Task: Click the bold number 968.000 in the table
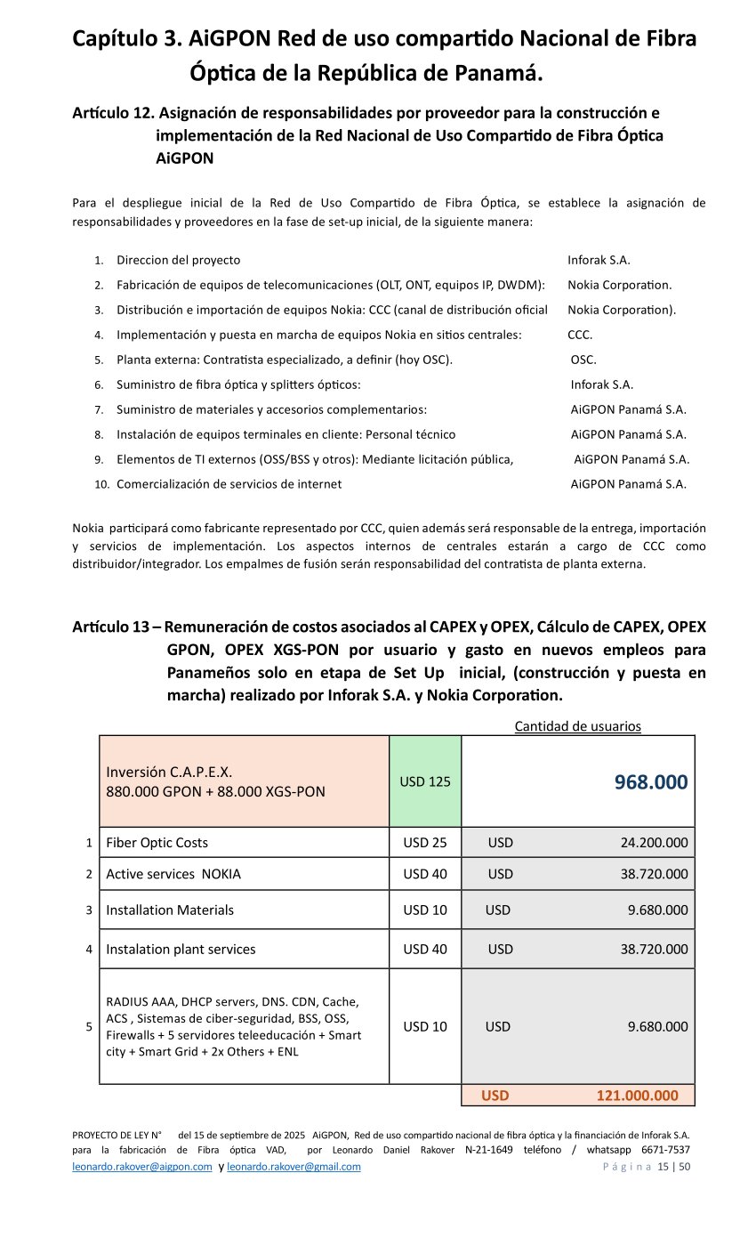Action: point(650,782)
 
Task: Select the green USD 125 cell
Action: point(425,781)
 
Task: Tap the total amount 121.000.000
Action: point(637,1096)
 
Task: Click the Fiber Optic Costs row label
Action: point(157,842)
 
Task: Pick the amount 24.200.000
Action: point(654,842)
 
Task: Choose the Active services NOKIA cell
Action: point(173,874)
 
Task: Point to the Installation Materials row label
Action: point(170,910)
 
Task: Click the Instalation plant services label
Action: point(181,949)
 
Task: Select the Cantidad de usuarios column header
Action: point(577,726)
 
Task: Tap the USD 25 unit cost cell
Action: point(425,842)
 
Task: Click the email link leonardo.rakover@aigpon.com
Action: point(142,1167)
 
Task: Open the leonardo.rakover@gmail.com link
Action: point(294,1167)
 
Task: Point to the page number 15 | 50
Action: point(673,1167)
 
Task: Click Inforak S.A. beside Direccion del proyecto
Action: point(599,260)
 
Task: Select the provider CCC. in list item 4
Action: point(580,335)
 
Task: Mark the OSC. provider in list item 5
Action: point(583,360)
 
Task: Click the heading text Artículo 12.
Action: point(112,113)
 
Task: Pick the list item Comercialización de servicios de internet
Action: point(229,484)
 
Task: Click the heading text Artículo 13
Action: point(110,627)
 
